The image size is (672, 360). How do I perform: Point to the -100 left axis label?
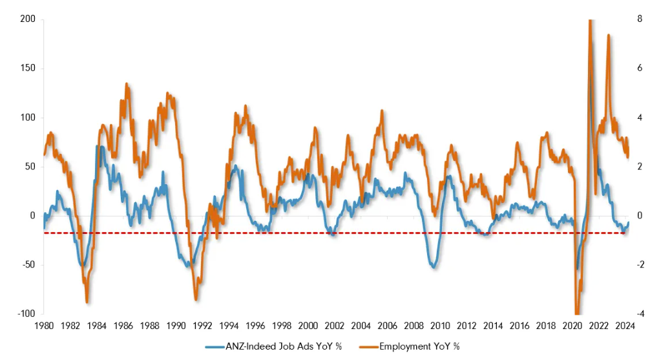[x=24, y=313]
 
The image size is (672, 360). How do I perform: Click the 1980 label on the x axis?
[x=43, y=326]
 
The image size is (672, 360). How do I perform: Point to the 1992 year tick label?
[x=202, y=326]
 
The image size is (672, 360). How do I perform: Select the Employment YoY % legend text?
[x=419, y=346]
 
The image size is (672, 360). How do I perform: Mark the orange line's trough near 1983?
[x=87, y=301]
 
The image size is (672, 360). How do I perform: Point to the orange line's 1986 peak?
[x=127, y=83]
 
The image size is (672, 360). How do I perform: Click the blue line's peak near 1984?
[x=98, y=147]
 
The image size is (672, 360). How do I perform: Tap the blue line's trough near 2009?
[x=433, y=266]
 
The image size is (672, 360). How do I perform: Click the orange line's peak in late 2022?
[x=608, y=35]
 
